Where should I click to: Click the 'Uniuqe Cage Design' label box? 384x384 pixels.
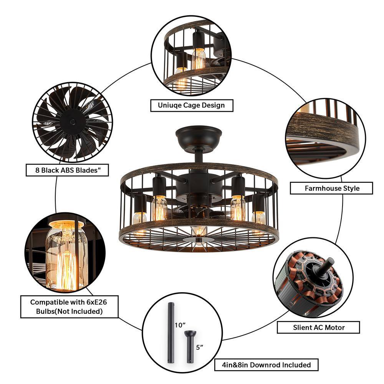[192, 106]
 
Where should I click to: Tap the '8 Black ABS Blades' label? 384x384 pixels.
[67, 170]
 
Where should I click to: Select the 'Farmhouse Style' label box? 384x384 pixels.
[331, 188]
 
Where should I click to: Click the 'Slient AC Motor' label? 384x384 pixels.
[318, 328]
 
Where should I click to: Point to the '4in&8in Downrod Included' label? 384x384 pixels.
[266, 365]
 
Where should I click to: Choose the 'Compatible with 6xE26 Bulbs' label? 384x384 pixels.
[69, 306]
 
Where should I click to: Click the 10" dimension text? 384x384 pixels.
[180, 325]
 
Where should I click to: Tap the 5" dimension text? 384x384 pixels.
[200, 347]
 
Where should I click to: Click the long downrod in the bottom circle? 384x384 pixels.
[171, 333]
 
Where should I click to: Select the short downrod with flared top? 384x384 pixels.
[190, 347]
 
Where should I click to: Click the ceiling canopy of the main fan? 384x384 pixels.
[199, 137]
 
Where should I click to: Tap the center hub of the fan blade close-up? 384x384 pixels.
[73, 122]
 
